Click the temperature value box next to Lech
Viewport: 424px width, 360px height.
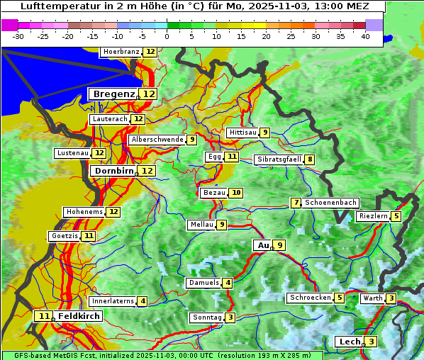(x=372, y=342)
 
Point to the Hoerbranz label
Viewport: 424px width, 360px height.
(x=121, y=52)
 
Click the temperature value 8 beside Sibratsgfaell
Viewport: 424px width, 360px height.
(x=310, y=159)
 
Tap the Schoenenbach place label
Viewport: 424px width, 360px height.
(x=330, y=203)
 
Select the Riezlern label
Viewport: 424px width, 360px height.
(x=372, y=216)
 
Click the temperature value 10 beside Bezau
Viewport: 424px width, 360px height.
(x=236, y=193)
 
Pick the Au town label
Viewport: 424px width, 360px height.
(x=263, y=245)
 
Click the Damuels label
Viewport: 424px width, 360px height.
(x=203, y=283)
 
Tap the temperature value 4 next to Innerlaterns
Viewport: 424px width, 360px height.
(x=143, y=301)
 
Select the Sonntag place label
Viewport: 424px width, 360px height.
(x=207, y=317)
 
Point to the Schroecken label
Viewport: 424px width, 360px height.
(x=311, y=298)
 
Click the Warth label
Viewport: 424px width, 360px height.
(x=372, y=298)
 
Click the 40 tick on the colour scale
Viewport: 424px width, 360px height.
(x=365, y=36)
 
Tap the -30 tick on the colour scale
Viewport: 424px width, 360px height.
(x=18, y=36)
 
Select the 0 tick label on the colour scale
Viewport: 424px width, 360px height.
(x=167, y=36)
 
